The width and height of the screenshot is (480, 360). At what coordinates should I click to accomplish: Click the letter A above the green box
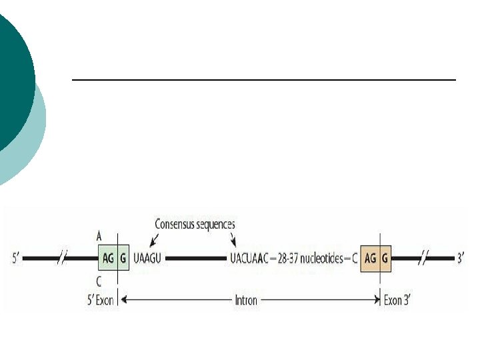(x=99, y=236)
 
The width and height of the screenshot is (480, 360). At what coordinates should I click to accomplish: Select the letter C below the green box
(x=99, y=281)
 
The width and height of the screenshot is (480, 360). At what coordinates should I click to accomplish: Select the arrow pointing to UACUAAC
(x=233, y=239)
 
